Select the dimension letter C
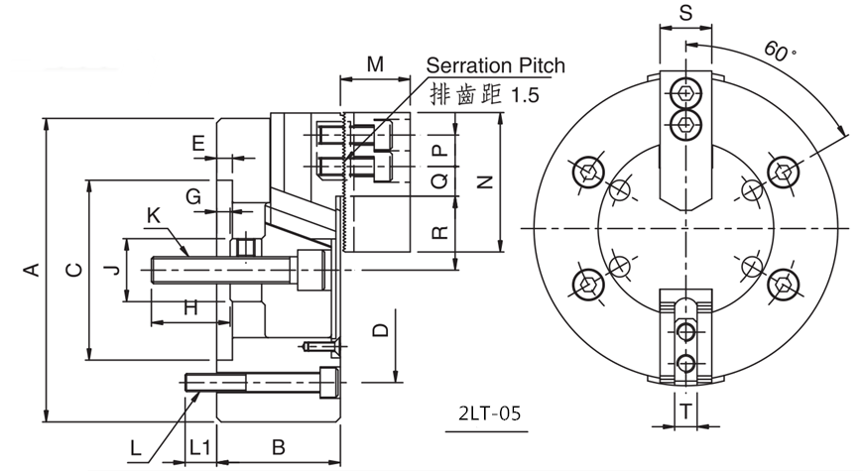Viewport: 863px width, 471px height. (x=72, y=270)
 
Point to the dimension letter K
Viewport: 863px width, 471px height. (x=153, y=214)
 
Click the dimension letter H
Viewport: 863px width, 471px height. (x=190, y=308)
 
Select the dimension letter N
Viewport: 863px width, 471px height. (x=485, y=181)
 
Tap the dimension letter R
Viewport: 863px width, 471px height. (x=441, y=234)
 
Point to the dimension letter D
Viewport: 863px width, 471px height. (x=379, y=330)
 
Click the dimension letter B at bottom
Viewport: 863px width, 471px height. (x=279, y=447)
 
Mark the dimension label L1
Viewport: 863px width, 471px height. (x=199, y=447)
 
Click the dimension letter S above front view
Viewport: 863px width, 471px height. (x=685, y=13)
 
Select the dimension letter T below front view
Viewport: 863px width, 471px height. (x=685, y=410)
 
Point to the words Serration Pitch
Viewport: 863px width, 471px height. (x=495, y=65)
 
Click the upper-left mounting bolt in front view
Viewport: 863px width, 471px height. (x=588, y=172)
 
